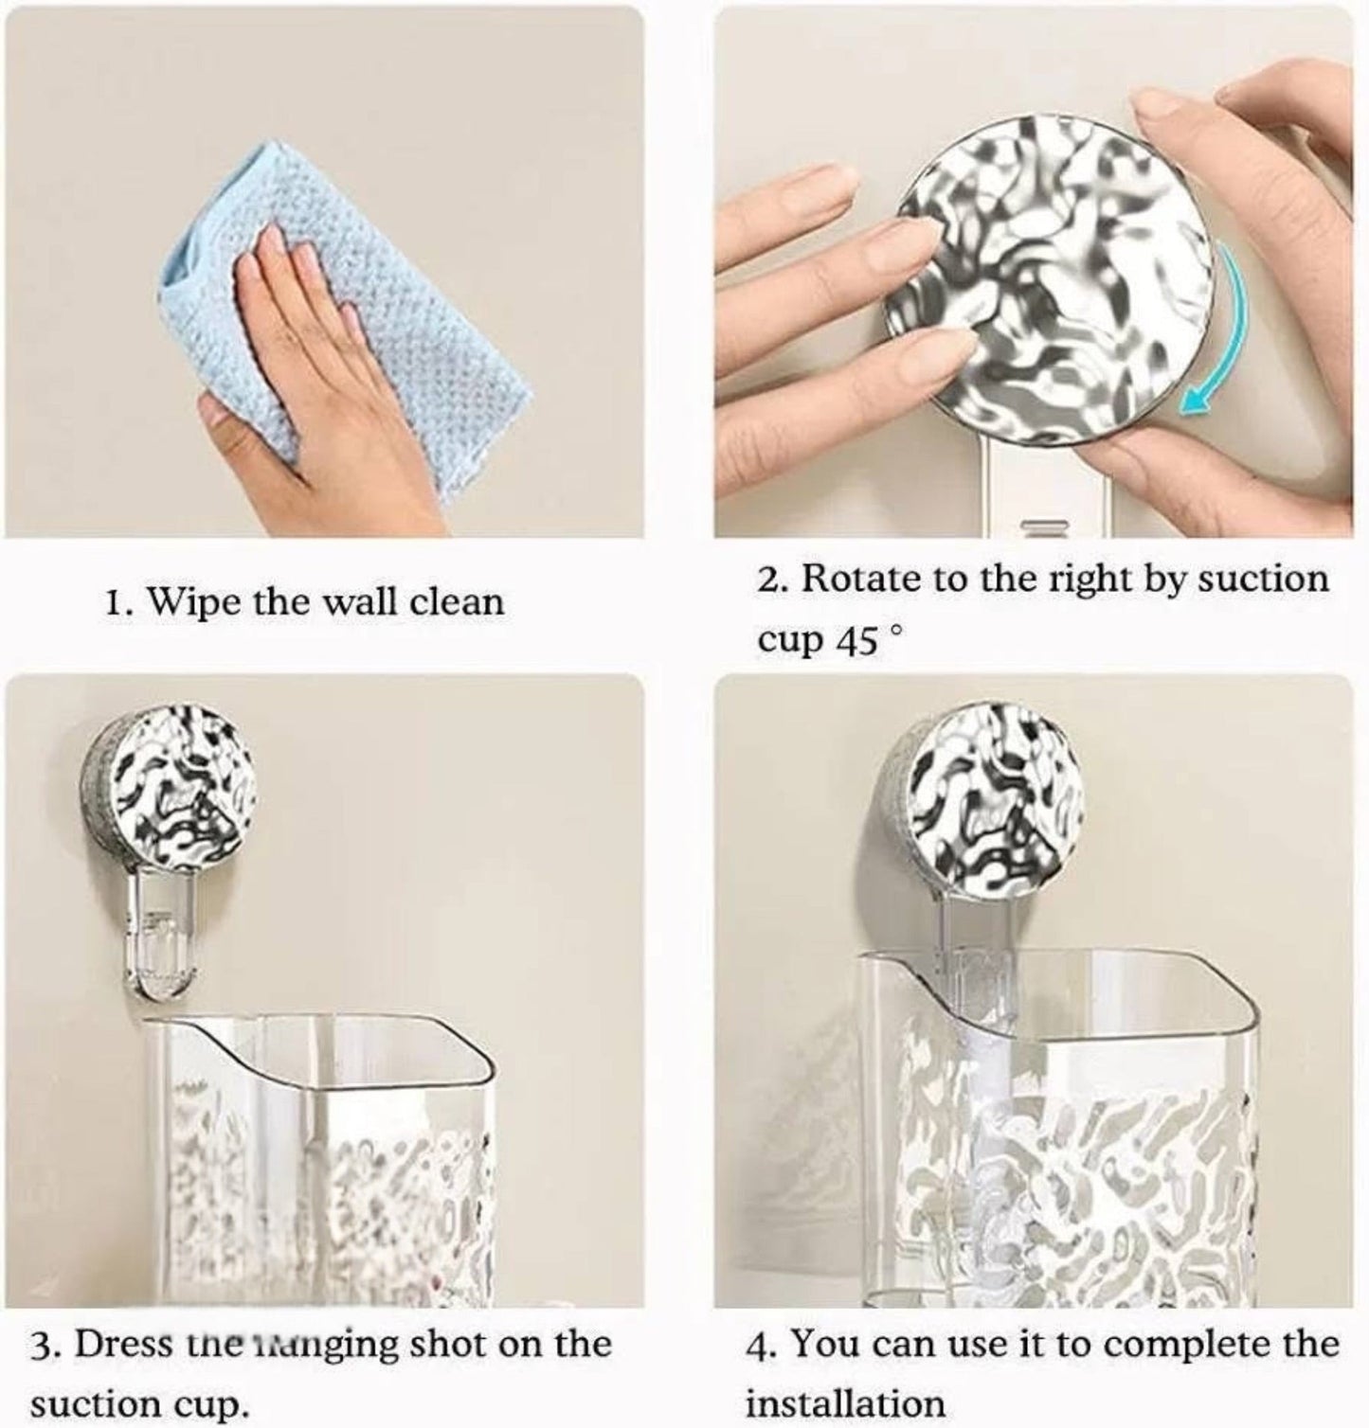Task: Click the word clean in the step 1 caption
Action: coord(457,601)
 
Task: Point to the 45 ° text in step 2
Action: coord(865,641)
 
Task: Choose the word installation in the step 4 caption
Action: coord(845,1403)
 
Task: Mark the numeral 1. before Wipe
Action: coord(117,603)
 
